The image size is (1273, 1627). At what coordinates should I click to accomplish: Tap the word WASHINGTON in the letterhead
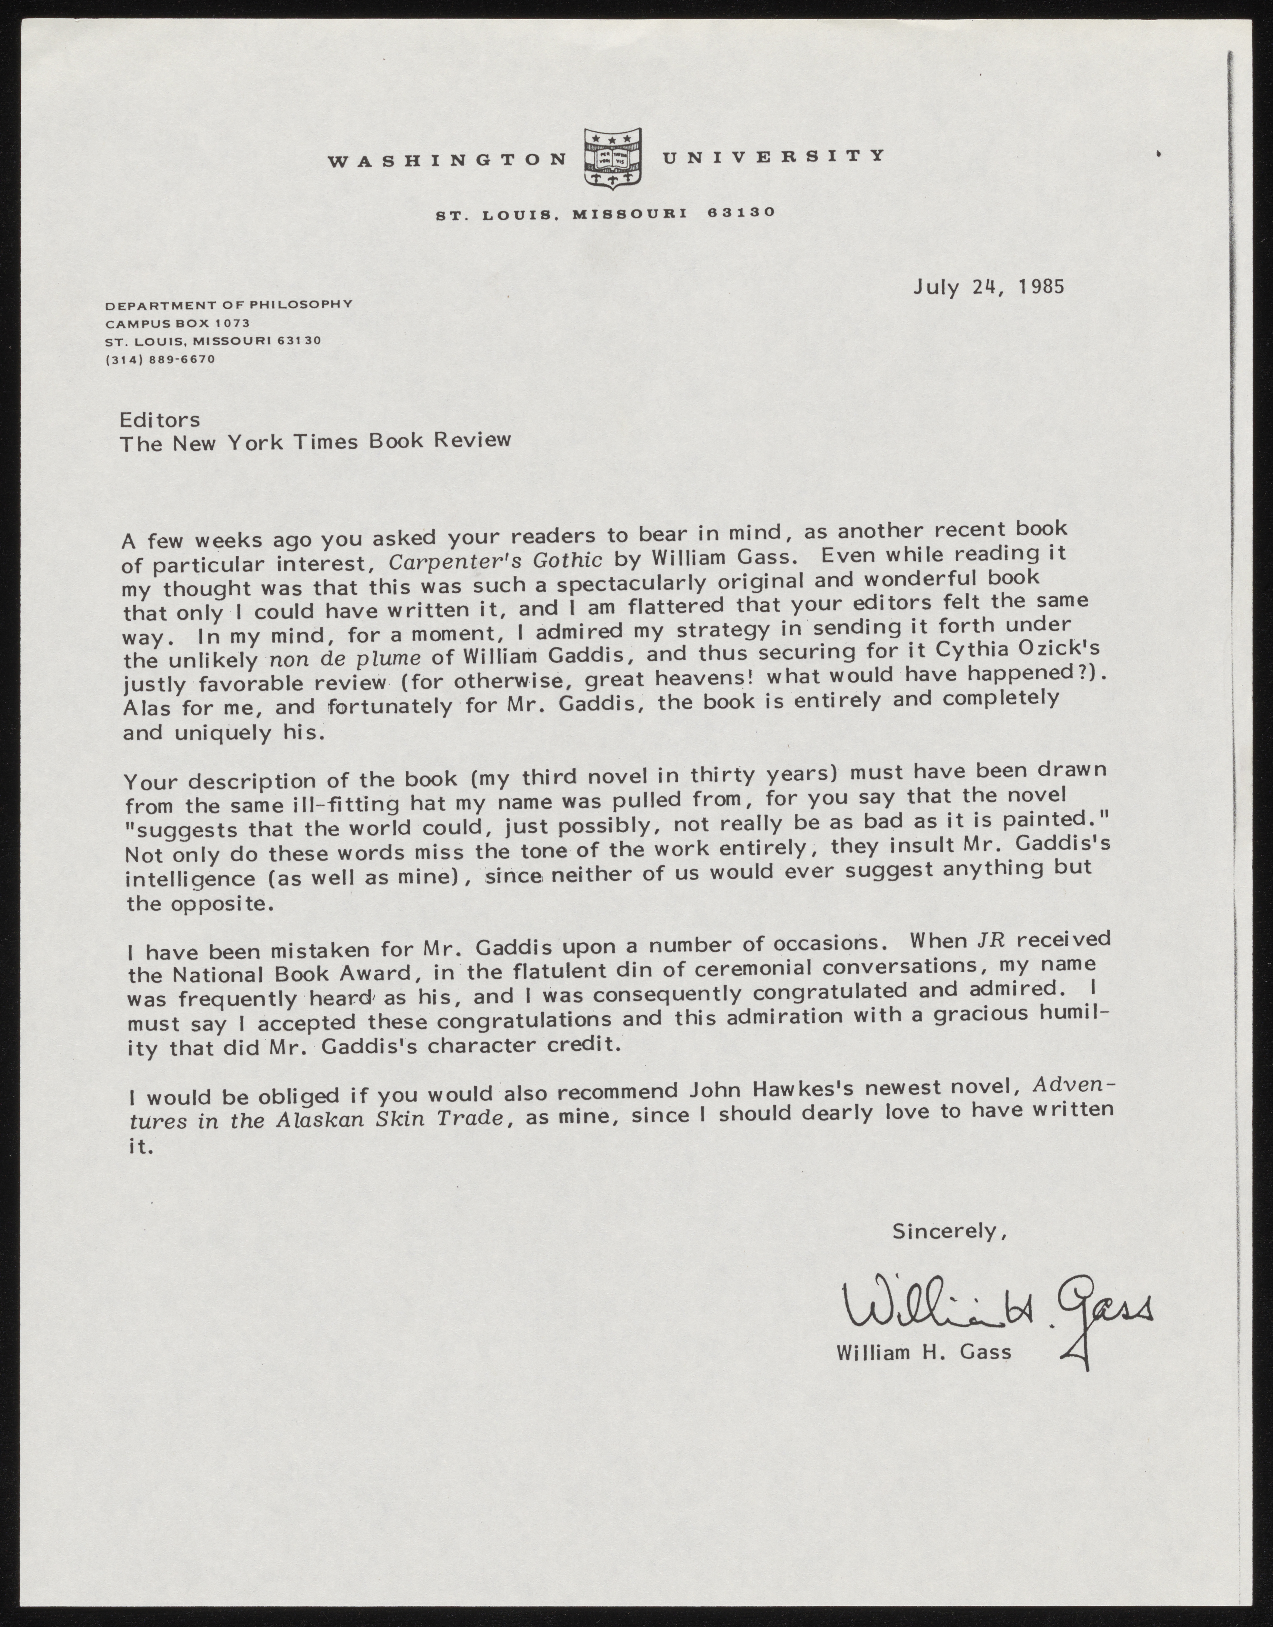[447, 160]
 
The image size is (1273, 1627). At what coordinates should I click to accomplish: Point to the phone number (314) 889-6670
[160, 359]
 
